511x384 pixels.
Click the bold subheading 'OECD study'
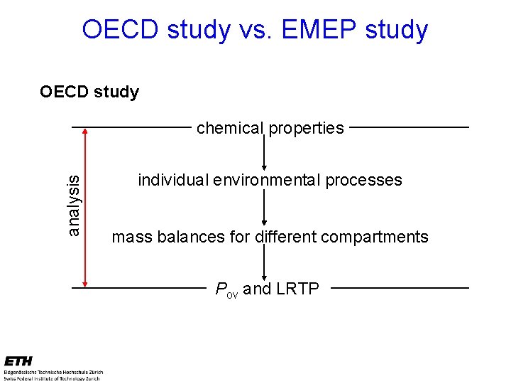point(89,92)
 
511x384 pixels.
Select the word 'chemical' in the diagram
point(228,128)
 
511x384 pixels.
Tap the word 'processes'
point(363,180)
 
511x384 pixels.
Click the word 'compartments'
point(376,237)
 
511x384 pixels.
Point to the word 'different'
point(288,237)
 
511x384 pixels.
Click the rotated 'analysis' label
point(74,207)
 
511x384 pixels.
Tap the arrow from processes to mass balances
point(264,208)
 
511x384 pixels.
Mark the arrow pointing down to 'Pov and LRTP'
point(264,264)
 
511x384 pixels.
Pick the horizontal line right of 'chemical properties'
point(409,127)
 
